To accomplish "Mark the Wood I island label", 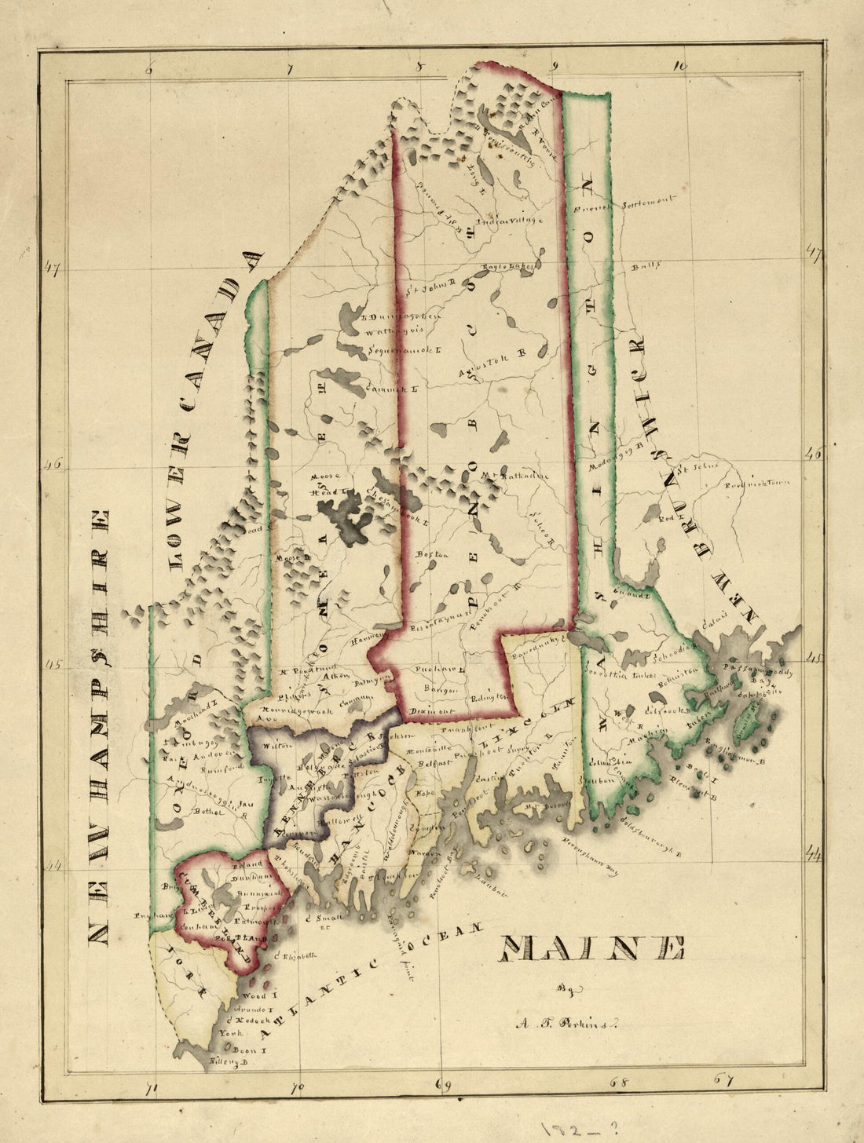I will [257, 995].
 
